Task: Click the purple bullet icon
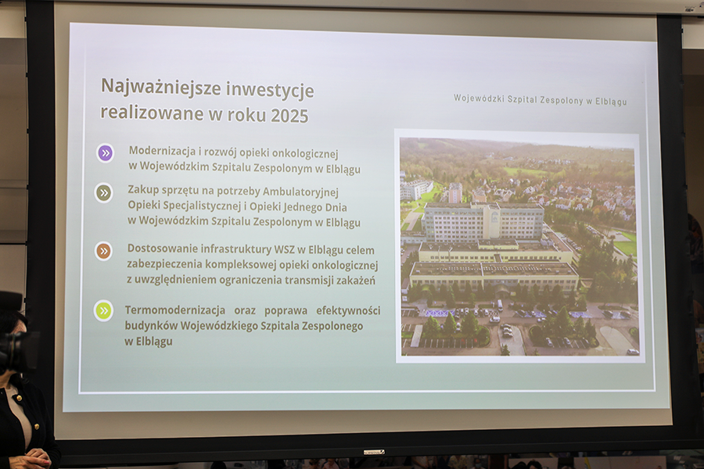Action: pyautogui.click(x=106, y=153)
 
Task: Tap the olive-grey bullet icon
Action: pyautogui.click(x=104, y=193)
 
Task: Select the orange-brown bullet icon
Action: pyautogui.click(x=104, y=251)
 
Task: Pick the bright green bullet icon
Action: pyautogui.click(x=103, y=310)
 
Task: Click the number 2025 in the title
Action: pyautogui.click(x=289, y=116)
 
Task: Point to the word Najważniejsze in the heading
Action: pyautogui.click(x=160, y=87)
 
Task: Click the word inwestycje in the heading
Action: pyautogui.click(x=270, y=90)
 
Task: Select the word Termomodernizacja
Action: pyautogui.click(x=175, y=310)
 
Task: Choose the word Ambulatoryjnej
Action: pyautogui.click(x=300, y=192)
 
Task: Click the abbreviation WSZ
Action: pyautogui.click(x=284, y=249)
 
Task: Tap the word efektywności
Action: pyautogui.click(x=348, y=310)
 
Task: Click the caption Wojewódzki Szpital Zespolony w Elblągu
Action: pyautogui.click(x=540, y=99)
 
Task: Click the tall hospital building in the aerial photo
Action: pyautogui.click(x=483, y=222)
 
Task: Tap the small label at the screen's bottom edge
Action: pyautogui.click(x=374, y=452)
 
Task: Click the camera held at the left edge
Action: pyautogui.click(x=15, y=351)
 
